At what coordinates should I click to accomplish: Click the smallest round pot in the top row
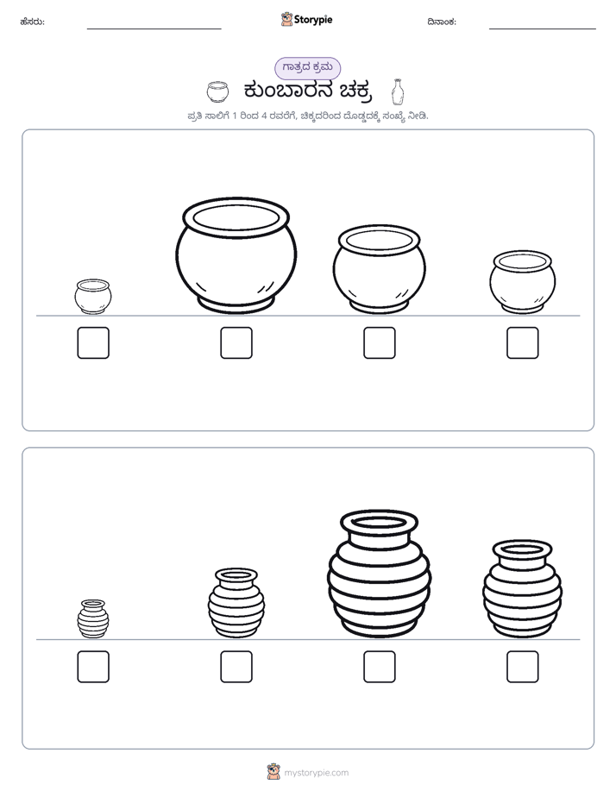click(93, 297)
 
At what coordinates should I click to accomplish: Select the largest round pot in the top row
click(236, 256)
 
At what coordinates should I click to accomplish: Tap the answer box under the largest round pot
click(236, 342)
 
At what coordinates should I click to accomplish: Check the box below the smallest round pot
click(93, 342)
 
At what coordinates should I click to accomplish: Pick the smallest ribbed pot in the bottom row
click(93, 618)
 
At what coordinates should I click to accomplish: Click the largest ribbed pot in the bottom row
click(379, 574)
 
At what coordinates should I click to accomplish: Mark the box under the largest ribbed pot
click(380, 667)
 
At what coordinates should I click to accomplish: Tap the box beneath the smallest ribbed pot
click(93, 667)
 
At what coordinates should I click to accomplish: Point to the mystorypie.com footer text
click(316, 773)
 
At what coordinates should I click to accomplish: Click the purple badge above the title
click(307, 68)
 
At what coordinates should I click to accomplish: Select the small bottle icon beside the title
click(398, 92)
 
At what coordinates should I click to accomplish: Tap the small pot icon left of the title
click(217, 91)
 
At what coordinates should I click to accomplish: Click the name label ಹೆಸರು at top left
click(33, 22)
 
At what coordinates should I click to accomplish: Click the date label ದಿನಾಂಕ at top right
click(442, 22)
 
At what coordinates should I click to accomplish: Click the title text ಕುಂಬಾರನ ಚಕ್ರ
click(308, 91)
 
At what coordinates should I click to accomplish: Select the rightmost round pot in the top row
click(523, 282)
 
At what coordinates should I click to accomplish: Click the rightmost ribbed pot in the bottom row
click(523, 589)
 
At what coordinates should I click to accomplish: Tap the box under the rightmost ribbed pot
click(523, 667)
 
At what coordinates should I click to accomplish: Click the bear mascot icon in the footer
click(273, 772)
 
